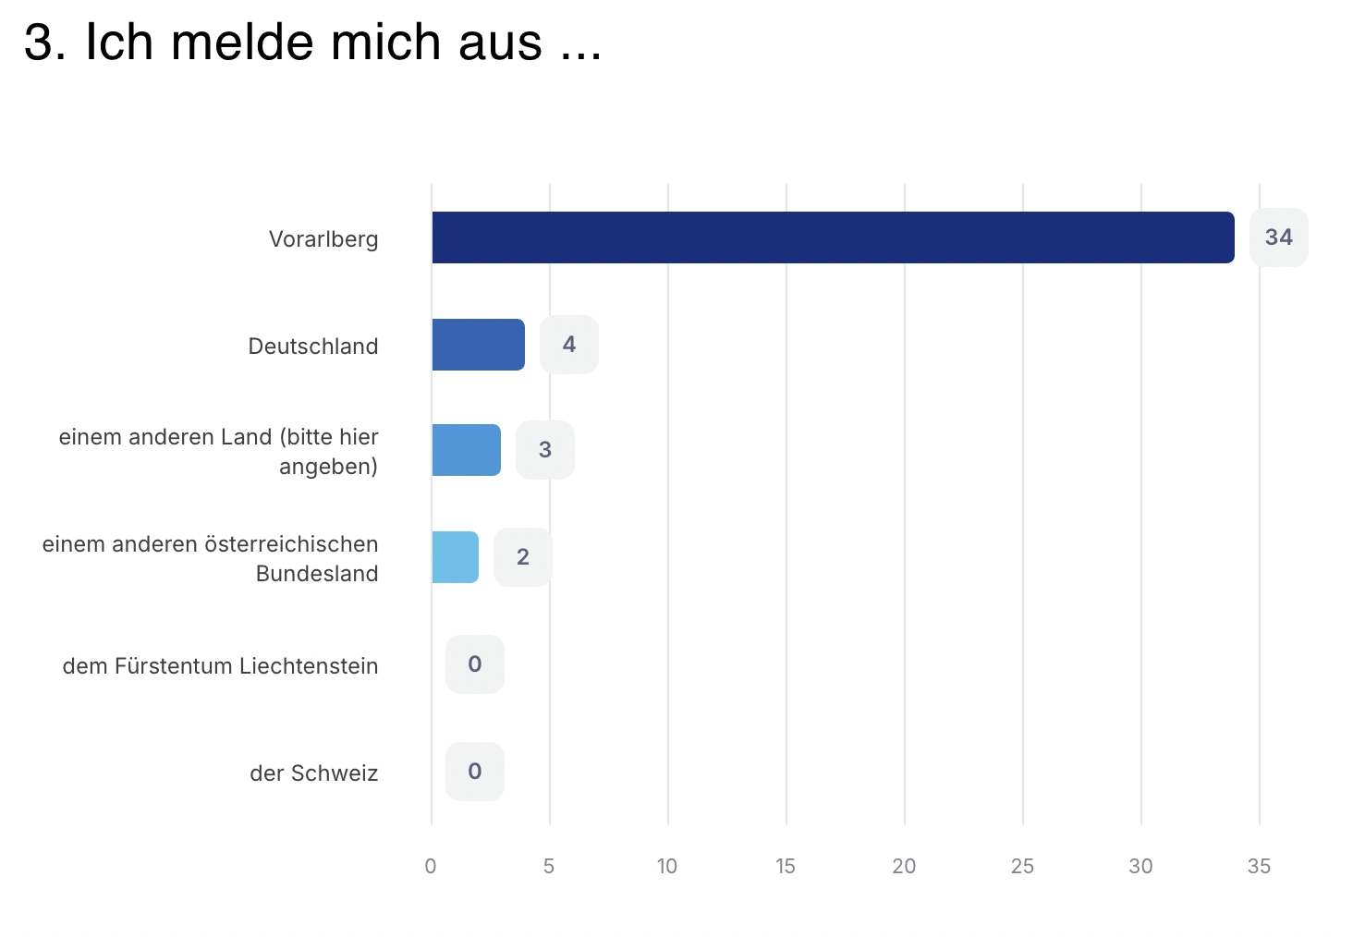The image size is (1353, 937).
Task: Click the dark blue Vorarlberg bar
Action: point(833,237)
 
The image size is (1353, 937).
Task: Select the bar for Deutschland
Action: point(478,345)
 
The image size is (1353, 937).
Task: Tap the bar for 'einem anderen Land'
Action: point(466,450)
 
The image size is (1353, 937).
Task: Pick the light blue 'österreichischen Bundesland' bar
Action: point(455,557)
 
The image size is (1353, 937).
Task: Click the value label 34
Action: point(1278,237)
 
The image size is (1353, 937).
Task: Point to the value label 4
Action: point(568,345)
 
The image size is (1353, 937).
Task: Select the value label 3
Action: point(544,450)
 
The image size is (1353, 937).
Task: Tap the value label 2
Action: point(522,557)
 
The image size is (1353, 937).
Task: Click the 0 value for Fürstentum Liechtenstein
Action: point(474,664)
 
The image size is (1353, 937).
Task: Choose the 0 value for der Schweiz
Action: point(474,772)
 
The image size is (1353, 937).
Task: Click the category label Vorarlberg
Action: point(323,239)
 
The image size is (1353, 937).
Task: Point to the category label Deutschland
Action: point(313,347)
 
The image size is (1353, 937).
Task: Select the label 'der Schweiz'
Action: point(313,773)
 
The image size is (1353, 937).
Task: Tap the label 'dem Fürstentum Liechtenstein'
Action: point(220,666)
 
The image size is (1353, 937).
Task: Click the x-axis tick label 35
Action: point(1259,867)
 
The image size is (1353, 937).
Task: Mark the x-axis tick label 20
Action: point(904,867)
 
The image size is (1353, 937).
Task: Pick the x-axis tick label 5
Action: point(549,867)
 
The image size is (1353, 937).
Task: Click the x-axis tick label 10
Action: point(667,867)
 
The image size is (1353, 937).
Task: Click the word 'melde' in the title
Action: point(242,43)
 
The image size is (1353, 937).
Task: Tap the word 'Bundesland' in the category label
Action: point(317,574)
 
